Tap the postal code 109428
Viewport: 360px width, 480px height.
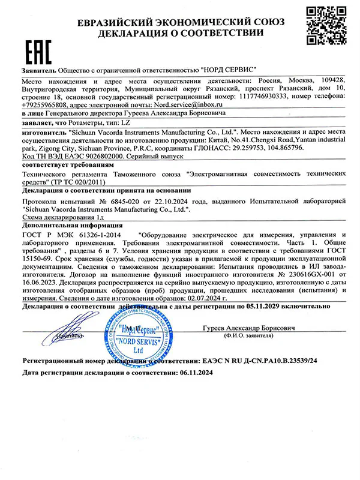click(329, 79)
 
